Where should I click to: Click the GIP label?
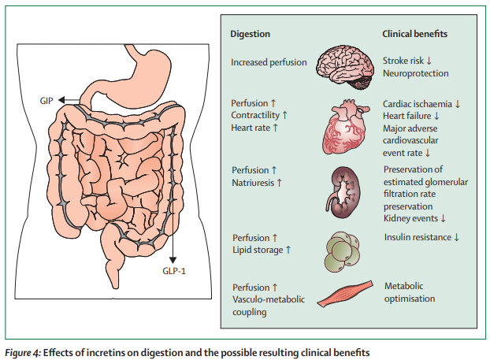(x=46, y=101)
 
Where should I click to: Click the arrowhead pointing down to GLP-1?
(x=173, y=258)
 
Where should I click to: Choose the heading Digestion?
(x=250, y=35)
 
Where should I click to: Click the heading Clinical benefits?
(x=415, y=35)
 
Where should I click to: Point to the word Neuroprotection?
(x=415, y=73)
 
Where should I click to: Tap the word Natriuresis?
(x=257, y=183)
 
